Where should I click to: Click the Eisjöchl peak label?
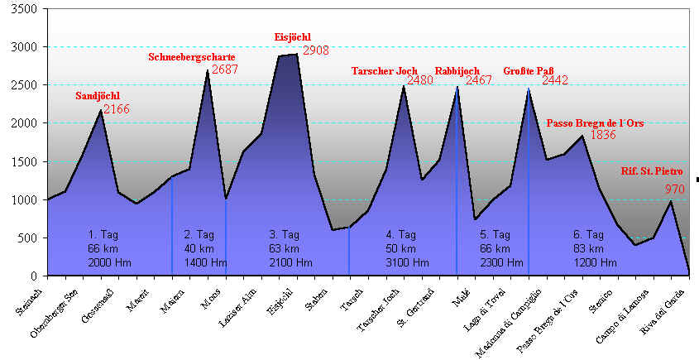click(294, 37)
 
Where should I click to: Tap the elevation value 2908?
click(316, 50)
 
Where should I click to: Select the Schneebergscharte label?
click(180, 57)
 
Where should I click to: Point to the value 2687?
click(225, 70)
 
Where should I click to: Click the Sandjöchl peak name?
click(98, 97)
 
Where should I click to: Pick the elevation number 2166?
click(116, 109)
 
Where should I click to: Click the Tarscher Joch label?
click(384, 71)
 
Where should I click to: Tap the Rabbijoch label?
click(457, 71)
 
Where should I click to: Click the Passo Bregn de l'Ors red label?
click(595, 123)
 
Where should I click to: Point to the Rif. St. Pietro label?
click(652, 171)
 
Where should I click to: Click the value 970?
click(675, 190)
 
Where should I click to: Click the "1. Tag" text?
click(104, 235)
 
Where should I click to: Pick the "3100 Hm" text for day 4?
click(407, 263)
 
